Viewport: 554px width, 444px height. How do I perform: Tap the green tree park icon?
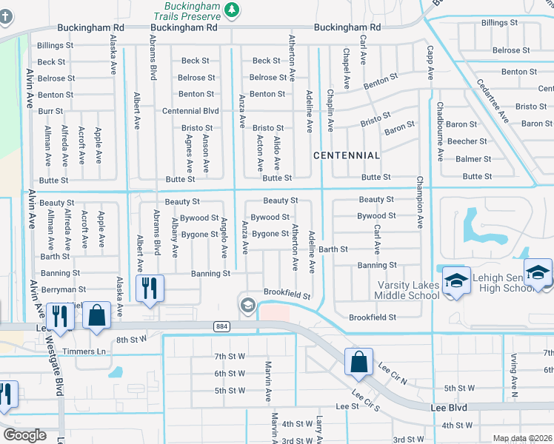233,9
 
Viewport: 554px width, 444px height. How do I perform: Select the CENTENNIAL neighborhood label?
347,155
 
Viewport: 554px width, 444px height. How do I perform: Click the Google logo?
24,435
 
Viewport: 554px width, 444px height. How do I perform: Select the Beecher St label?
467,141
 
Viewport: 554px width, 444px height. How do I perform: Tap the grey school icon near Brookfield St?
247,305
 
